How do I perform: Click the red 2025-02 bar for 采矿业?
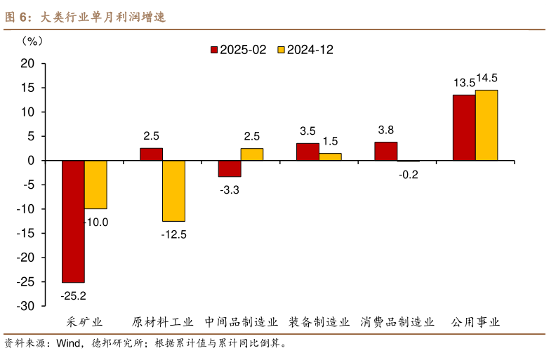click(73, 221)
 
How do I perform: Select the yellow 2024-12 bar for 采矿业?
click(95, 185)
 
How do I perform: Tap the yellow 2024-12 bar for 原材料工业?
click(173, 191)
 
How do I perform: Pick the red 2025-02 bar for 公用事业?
click(463, 128)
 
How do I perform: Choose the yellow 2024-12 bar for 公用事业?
click(486, 125)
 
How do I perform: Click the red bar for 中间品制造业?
click(230, 168)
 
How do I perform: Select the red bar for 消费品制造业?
click(385, 151)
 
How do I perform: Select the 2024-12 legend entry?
click(305, 50)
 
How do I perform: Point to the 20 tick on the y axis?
click(27, 63)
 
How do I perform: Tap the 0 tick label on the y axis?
click(31, 161)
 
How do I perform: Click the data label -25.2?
click(74, 295)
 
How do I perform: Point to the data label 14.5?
click(487, 78)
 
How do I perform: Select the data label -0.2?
click(408, 175)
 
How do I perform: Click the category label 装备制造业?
click(319, 323)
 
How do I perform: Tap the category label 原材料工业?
click(163, 323)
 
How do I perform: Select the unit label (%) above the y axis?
click(32, 40)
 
